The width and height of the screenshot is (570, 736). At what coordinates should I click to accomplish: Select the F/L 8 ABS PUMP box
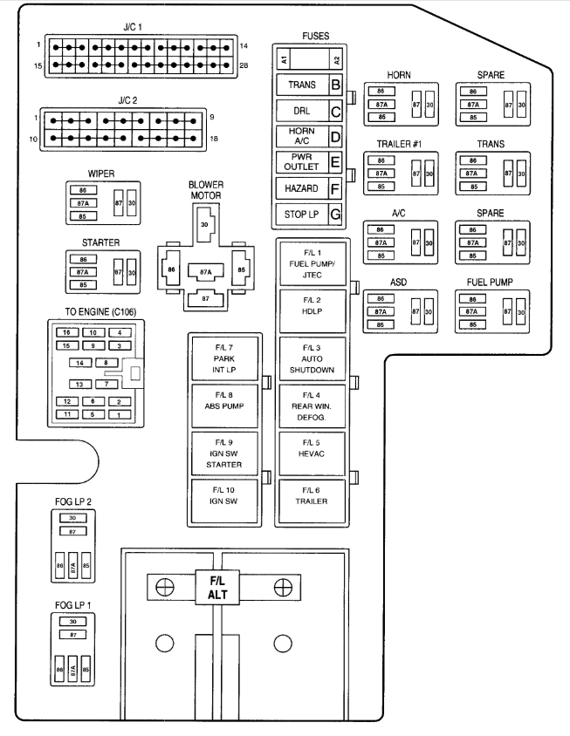click(223, 404)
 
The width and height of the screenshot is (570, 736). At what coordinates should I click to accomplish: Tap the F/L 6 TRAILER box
click(312, 501)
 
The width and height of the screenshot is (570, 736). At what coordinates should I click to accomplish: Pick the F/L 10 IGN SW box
click(223, 501)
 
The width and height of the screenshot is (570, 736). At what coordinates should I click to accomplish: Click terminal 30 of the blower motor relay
click(204, 225)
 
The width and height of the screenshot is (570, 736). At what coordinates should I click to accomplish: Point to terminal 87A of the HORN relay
click(381, 104)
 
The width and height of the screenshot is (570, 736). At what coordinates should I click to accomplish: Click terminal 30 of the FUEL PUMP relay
click(521, 311)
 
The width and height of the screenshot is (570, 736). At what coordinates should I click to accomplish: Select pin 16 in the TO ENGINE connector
click(65, 332)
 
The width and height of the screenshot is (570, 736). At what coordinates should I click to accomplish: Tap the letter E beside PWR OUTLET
click(334, 162)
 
